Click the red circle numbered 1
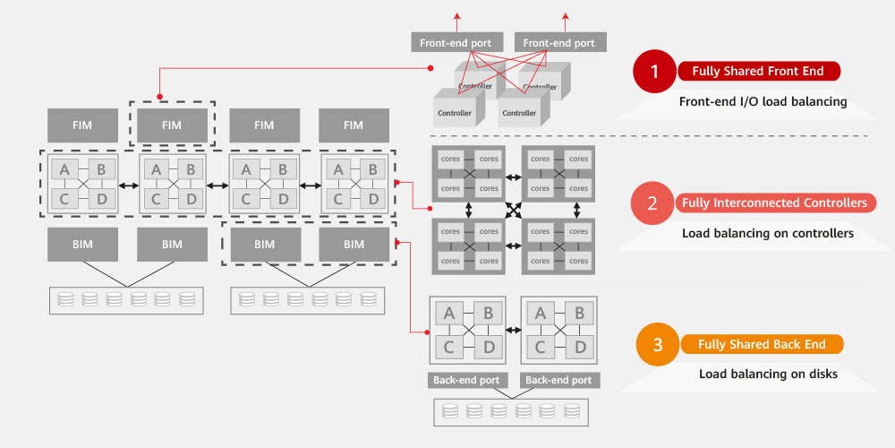[x=655, y=72]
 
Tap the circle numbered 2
[x=652, y=203]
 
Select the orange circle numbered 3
[x=658, y=344]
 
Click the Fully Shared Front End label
[x=757, y=72]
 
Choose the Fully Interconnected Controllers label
[x=774, y=203]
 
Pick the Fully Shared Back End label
[x=763, y=344]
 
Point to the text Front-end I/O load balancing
[x=763, y=101]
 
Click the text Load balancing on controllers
[x=767, y=233]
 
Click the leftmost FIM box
[x=82, y=125]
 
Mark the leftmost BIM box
[x=82, y=244]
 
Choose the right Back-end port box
[x=559, y=380]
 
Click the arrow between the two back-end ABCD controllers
[x=514, y=330]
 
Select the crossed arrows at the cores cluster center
[x=514, y=211]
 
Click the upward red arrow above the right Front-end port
[x=567, y=20]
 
